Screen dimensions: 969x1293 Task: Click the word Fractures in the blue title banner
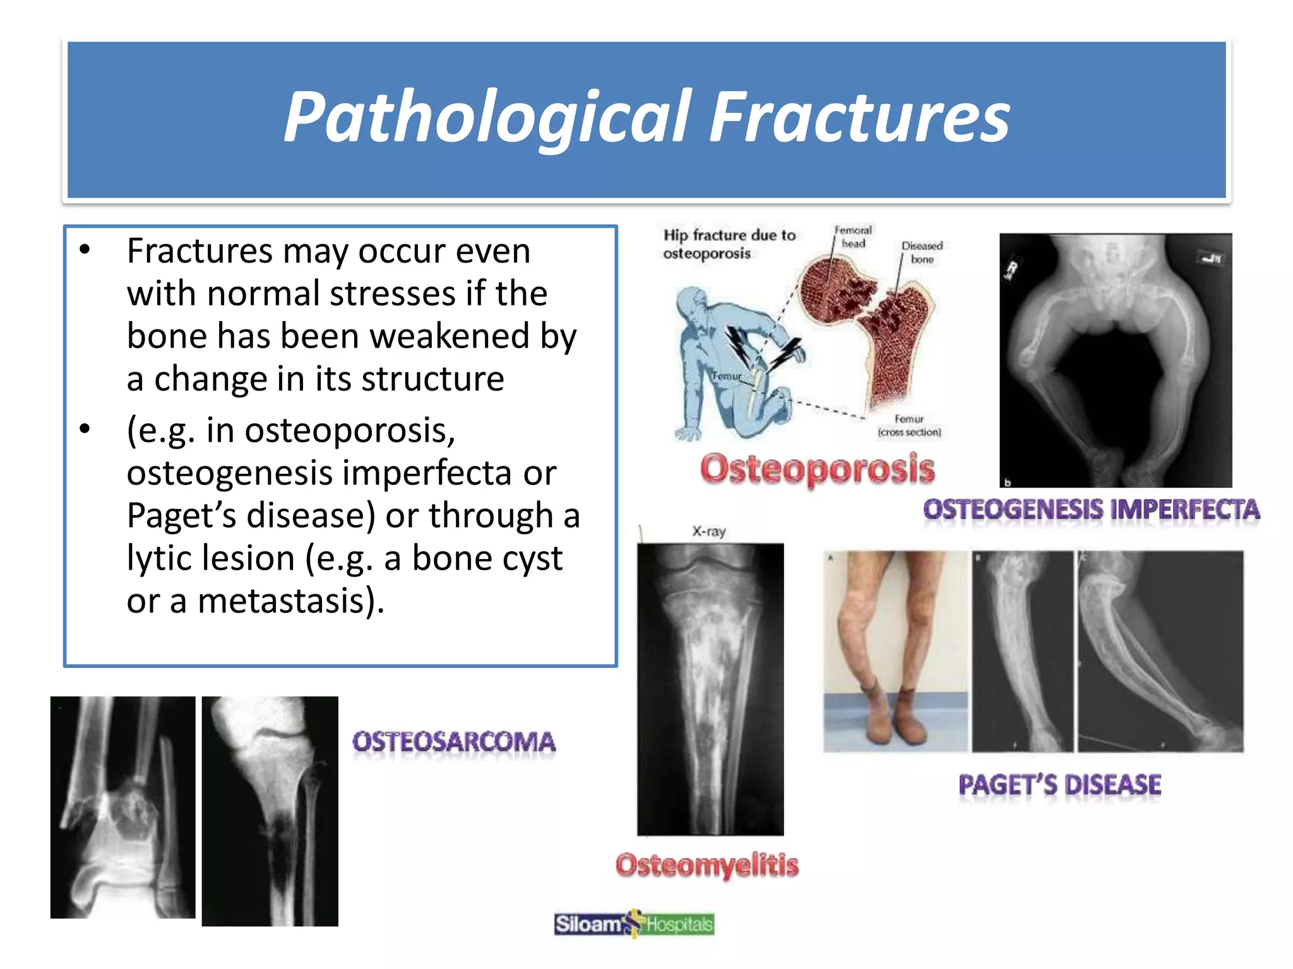[859, 118]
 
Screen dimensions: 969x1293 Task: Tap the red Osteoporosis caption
[817, 469]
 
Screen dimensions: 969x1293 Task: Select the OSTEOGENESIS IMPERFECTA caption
[1091, 510]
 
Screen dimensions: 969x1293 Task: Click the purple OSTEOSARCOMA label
[454, 742]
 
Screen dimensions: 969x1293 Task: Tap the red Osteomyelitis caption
[707, 865]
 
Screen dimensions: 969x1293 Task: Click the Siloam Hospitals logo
[634, 924]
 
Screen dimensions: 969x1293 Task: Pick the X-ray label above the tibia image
[708, 531]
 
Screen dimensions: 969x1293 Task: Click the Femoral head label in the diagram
[853, 237]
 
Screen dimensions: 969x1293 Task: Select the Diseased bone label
[922, 252]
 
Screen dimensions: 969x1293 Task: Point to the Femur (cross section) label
[909, 426]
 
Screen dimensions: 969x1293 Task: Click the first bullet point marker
[85, 250]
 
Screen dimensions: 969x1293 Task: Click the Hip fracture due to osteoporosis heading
[729, 244]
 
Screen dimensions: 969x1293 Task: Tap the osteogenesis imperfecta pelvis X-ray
[1116, 360]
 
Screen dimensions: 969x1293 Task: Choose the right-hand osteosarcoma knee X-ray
[270, 811]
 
